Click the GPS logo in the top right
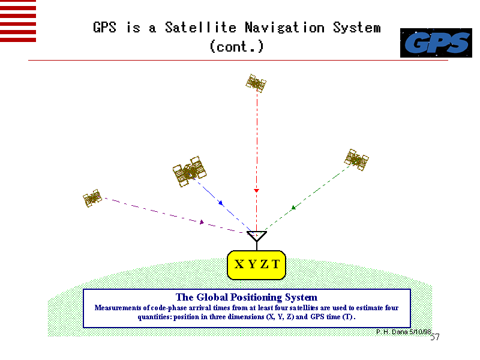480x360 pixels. coord(436,43)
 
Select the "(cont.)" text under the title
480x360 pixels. coord(236,46)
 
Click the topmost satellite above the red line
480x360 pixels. coord(256,83)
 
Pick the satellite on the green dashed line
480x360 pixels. coord(356,158)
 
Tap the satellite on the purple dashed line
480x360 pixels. coord(92,197)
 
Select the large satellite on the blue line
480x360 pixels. coord(190,172)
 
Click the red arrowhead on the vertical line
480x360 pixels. coord(256,190)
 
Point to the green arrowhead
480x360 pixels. coord(294,208)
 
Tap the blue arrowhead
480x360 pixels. coord(221,203)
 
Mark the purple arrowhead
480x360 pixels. coord(202,222)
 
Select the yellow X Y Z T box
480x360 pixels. coord(257,264)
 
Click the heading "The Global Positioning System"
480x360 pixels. coord(246,297)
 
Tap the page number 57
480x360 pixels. coord(435,337)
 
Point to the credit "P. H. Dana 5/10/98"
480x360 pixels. coord(403,331)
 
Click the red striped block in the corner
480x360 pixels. coord(18,20)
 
